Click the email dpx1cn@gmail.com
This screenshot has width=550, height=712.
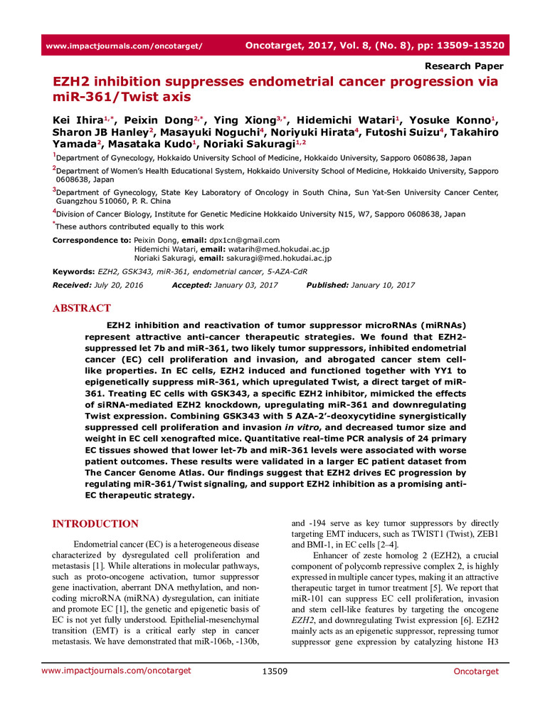[245, 241]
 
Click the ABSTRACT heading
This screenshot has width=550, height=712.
[82, 308]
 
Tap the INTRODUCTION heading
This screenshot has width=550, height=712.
[95, 524]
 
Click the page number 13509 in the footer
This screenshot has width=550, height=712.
[275, 671]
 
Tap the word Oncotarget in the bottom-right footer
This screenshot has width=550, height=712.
[474, 671]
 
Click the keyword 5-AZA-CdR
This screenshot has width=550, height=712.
[296, 272]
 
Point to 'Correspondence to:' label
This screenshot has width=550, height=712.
[92, 241]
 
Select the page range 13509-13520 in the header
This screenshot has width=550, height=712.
[469, 46]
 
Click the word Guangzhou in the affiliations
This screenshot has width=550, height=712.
[78, 201]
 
